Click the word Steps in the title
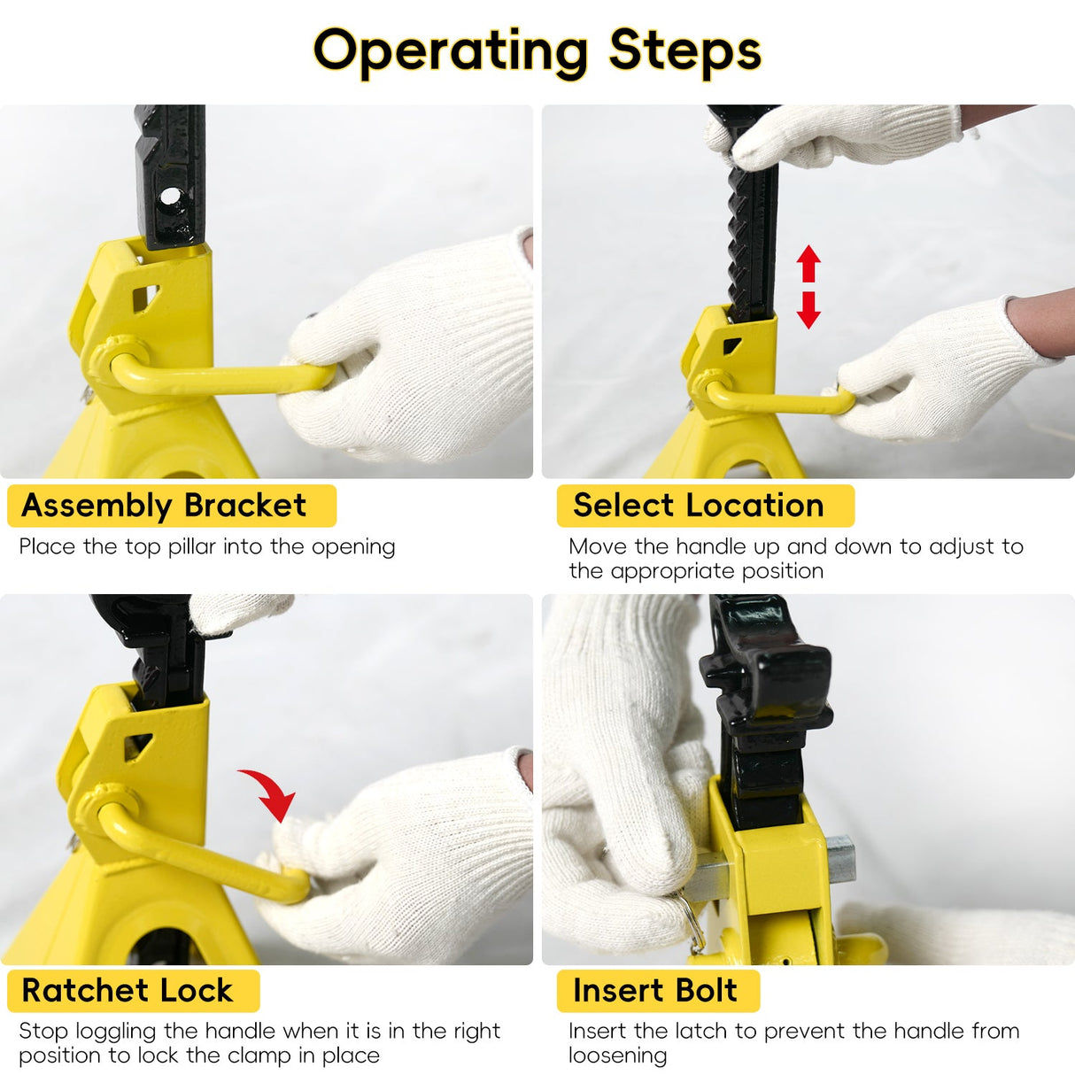[684, 50]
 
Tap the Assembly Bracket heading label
[164, 506]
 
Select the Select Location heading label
[698, 506]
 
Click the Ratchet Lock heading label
[128, 990]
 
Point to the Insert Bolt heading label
[654, 990]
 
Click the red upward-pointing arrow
[808, 263]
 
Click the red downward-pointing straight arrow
[808, 310]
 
